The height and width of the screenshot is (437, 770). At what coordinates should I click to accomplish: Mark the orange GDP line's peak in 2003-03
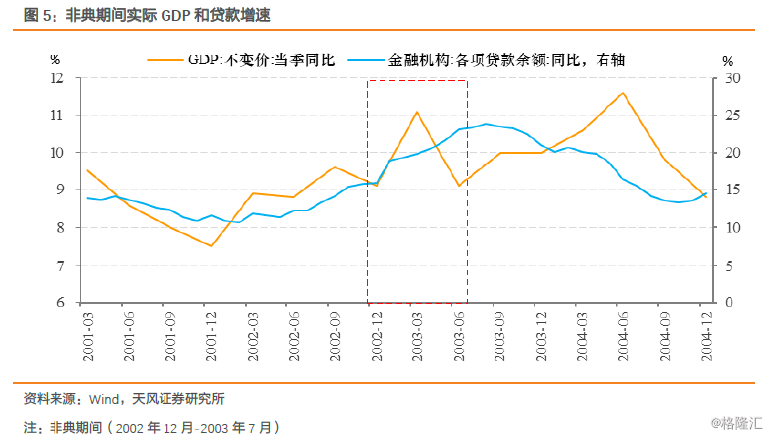[417, 112]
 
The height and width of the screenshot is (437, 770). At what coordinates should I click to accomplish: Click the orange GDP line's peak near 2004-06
[622, 93]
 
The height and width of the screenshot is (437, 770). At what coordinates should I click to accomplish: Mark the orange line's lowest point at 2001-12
[211, 245]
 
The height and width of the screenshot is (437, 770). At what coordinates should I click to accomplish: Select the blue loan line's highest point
[486, 124]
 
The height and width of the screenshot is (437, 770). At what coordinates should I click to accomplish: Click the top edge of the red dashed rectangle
[417, 81]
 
